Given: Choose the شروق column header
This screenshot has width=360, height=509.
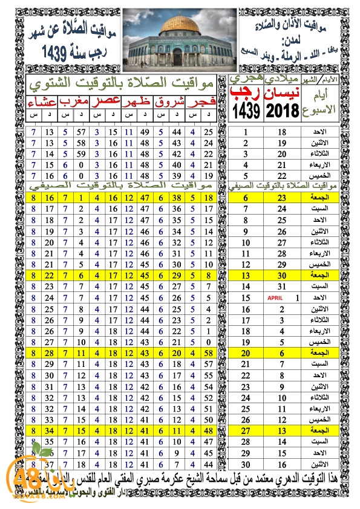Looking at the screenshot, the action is coord(169,101).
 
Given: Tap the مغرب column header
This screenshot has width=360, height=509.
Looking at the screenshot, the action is coord(76,101).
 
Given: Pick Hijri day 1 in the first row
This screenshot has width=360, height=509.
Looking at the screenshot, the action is coord(246,132).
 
